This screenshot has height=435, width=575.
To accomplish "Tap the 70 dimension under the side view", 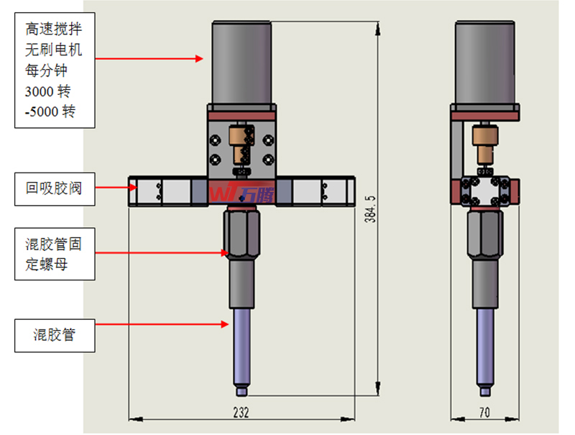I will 484,411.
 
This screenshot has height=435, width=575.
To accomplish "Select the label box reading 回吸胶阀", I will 55,189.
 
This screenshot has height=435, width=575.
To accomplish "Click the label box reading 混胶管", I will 55,334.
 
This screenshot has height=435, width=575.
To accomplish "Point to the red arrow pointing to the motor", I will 151,58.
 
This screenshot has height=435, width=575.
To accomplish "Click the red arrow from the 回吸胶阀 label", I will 115,188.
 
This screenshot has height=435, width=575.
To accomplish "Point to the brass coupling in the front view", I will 235,144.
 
